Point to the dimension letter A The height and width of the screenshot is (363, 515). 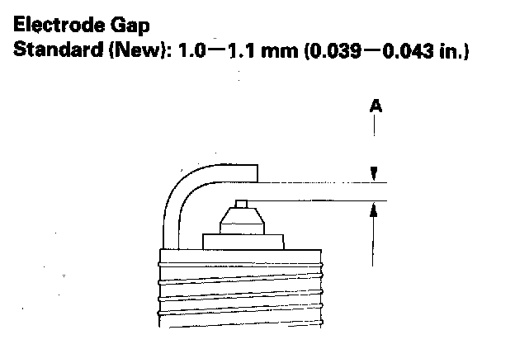[376, 106]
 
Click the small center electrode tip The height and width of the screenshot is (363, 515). [242, 203]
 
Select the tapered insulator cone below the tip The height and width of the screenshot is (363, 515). [242, 221]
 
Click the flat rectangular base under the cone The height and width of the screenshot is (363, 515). [243, 242]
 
